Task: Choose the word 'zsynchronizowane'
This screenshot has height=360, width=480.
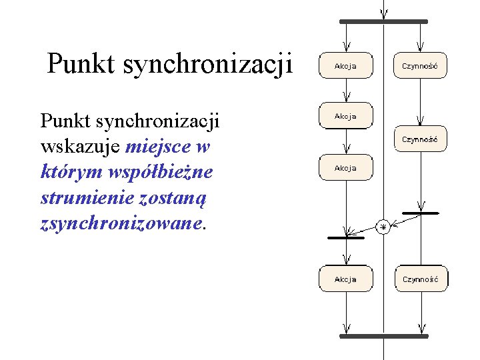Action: click(120, 223)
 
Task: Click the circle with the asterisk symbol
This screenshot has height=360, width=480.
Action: click(383, 227)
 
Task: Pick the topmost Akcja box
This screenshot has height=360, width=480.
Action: click(345, 66)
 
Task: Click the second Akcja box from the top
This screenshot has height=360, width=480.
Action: click(345, 117)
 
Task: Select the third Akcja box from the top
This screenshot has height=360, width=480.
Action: click(345, 168)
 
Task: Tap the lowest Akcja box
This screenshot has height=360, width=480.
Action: click(345, 279)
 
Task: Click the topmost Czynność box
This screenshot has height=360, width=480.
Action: click(419, 66)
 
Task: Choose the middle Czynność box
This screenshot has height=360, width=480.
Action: click(419, 139)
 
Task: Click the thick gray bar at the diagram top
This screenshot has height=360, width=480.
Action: click(383, 22)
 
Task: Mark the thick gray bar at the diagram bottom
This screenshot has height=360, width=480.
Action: click(383, 337)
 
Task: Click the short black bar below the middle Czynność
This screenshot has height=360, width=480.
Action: click(420, 213)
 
